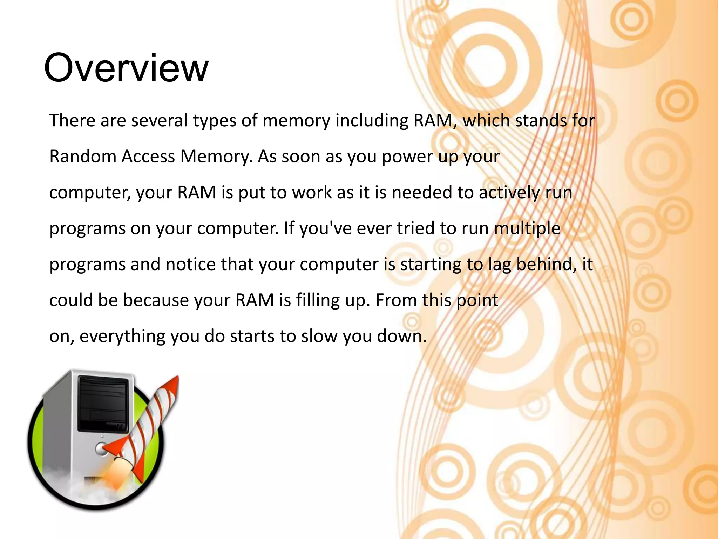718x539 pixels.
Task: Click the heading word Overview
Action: tap(126, 68)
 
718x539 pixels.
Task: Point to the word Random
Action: tap(83, 156)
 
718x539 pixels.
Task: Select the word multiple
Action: tap(527, 229)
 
